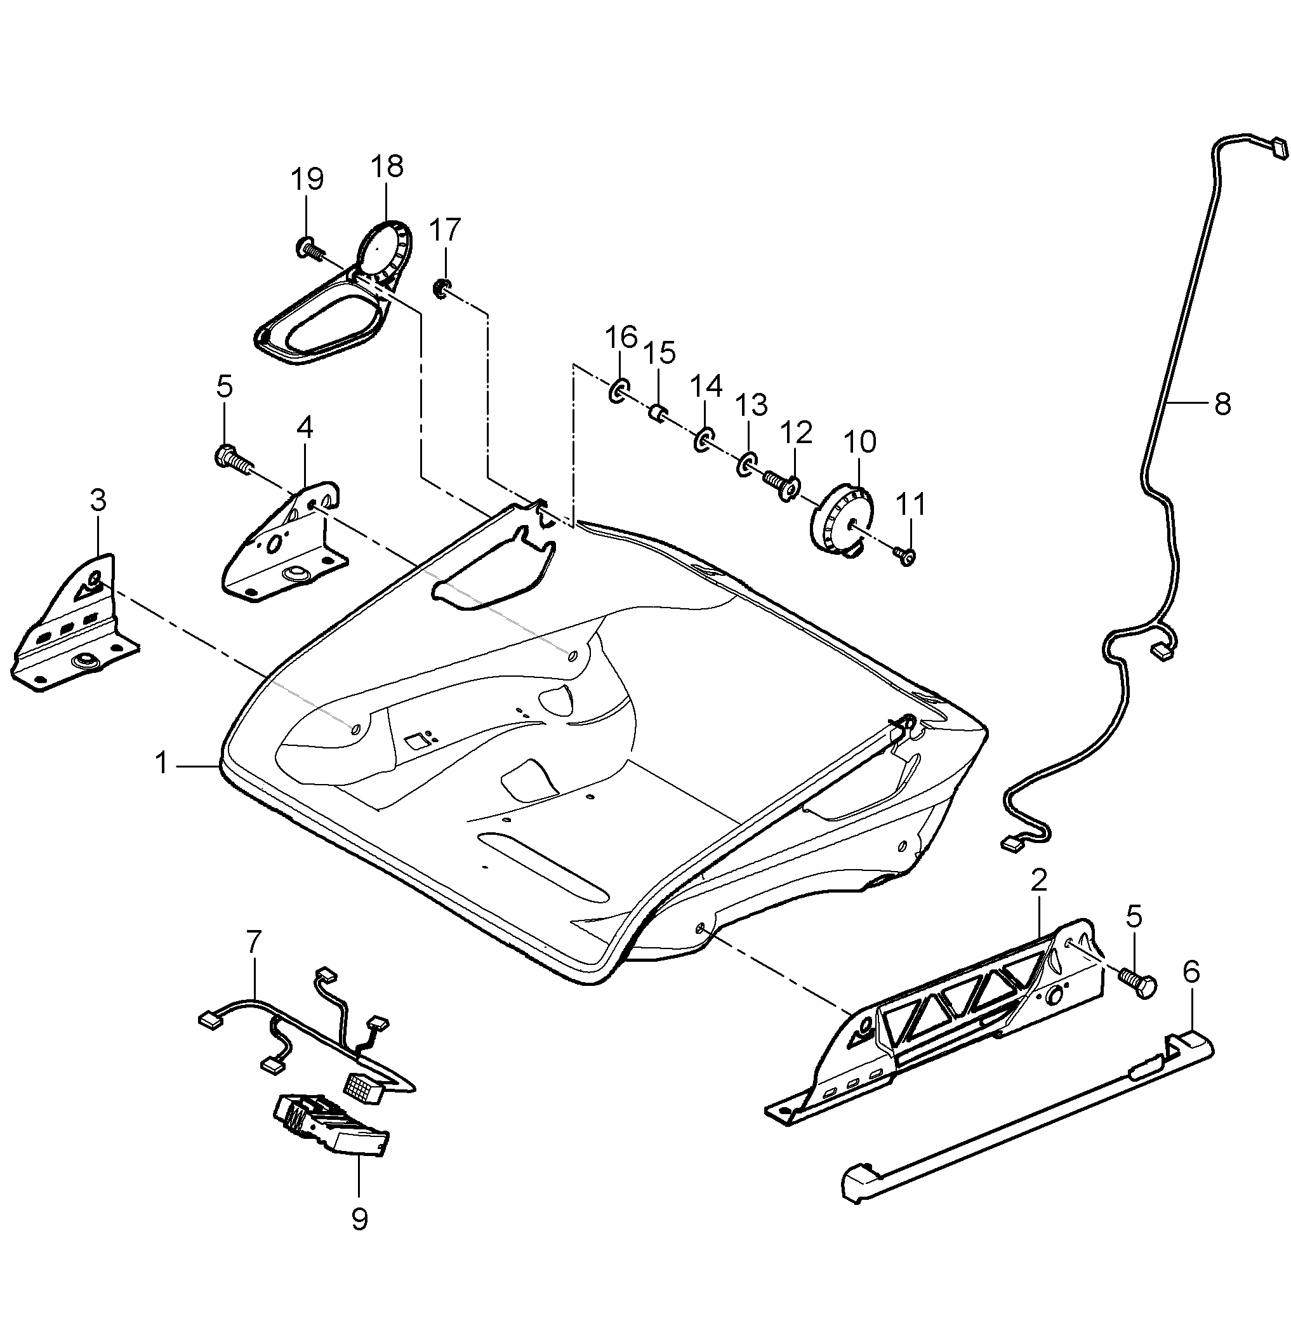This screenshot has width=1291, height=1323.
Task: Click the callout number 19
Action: [307, 179]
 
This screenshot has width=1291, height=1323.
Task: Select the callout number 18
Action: [387, 166]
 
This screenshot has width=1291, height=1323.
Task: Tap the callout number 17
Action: [445, 229]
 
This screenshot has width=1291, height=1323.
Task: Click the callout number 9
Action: [359, 1220]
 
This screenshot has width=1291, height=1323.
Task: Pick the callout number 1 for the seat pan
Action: [161, 764]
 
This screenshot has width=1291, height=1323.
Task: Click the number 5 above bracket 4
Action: [225, 387]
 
